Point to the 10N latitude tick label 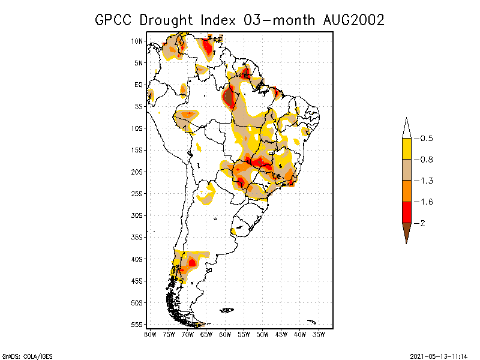click(x=137, y=41)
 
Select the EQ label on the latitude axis click(x=139, y=85)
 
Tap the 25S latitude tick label click(x=137, y=193)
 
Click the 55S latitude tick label click(x=137, y=324)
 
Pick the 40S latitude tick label click(x=137, y=259)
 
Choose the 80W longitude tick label click(x=150, y=334)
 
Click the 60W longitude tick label click(x=225, y=334)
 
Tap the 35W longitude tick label click(x=319, y=334)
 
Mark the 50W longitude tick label click(x=263, y=334)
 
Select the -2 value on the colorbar click(x=423, y=223)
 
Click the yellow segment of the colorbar click(x=406, y=149)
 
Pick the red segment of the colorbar click(x=406, y=212)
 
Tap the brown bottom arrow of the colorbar click(x=406, y=232)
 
